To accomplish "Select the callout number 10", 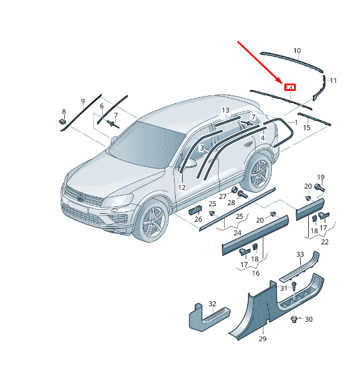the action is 297,51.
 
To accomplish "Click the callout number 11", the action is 333,81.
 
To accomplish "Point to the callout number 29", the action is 263,339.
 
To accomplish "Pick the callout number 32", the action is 212,304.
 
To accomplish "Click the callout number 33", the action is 300,254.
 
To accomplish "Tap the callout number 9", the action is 82,101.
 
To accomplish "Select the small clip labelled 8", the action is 63,122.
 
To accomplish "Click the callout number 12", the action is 182,188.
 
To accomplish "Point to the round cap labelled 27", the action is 234,190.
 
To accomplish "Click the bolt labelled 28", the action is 243,194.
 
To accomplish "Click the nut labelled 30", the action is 294,319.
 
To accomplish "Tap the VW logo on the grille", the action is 81,197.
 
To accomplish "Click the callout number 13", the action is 225,110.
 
